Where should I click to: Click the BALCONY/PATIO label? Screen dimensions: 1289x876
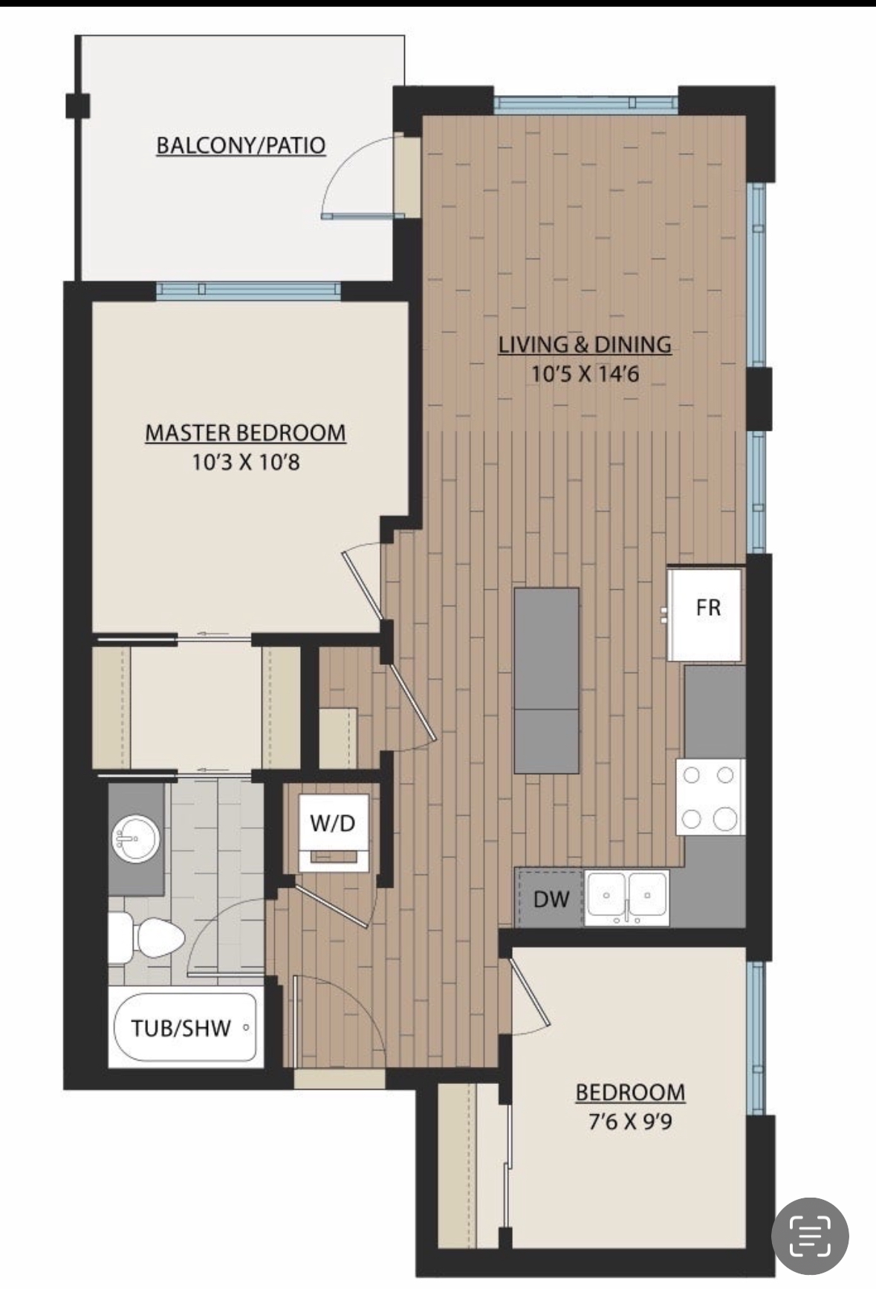241,145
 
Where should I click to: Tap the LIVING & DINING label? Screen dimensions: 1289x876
585,345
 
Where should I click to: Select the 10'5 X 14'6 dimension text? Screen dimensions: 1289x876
585,374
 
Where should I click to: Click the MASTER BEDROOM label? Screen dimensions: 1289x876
245,432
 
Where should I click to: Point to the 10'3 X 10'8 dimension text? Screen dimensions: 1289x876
245,464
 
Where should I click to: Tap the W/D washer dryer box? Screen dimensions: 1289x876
333,823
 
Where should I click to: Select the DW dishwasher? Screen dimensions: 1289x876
551,900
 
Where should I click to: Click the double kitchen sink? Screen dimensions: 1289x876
627,897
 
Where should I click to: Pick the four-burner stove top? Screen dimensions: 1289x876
710,797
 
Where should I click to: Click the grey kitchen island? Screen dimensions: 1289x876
546,680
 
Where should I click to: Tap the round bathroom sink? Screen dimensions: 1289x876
135,840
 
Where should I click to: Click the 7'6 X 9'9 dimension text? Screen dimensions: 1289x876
630,1121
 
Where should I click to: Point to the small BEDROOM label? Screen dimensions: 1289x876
630,1092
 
